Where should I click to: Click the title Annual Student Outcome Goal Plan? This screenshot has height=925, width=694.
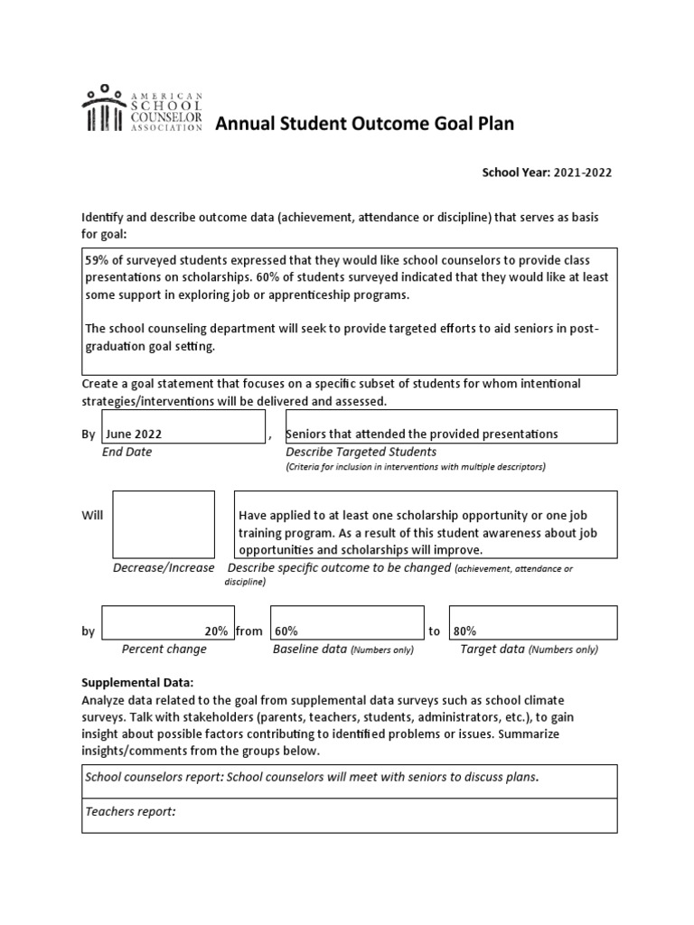tap(364, 124)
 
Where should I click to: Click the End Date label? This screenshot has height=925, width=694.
tap(127, 452)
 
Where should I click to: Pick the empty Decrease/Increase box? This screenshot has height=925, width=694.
tap(163, 525)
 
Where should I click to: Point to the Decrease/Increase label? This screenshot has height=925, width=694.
tap(164, 568)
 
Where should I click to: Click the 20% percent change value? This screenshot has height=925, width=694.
tap(215, 631)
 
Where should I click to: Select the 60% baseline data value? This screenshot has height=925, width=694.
tap(286, 631)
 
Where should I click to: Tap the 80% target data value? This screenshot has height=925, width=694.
tap(466, 631)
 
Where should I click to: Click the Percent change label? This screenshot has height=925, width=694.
tap(164, 649)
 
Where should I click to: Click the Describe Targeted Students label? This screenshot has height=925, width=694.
tap(361, 452)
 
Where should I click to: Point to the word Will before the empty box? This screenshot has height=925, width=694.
tap(92, 515)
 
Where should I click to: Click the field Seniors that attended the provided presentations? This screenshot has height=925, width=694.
tap(422, 434)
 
